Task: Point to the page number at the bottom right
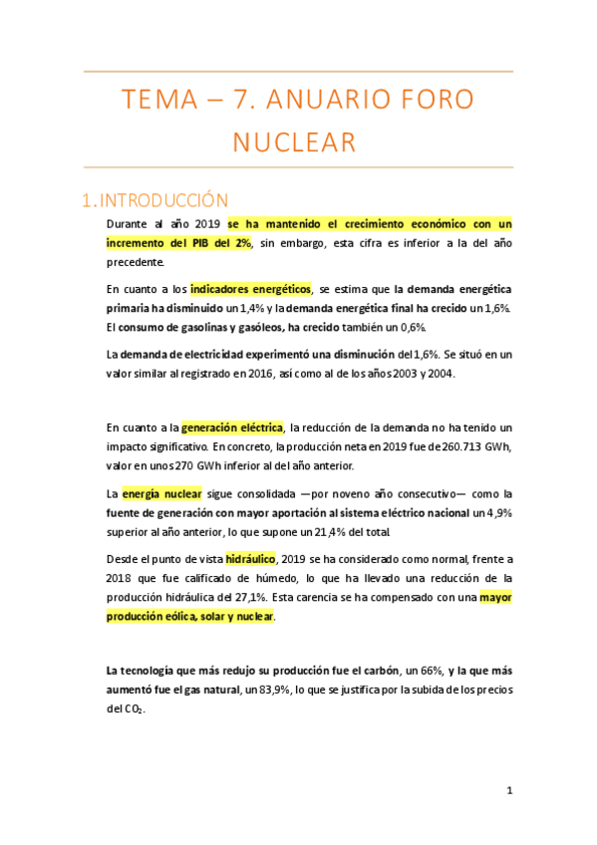(x=509, y=790)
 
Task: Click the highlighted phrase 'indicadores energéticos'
(x=250, y=288)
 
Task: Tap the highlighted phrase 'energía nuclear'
(x=161, y=492)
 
